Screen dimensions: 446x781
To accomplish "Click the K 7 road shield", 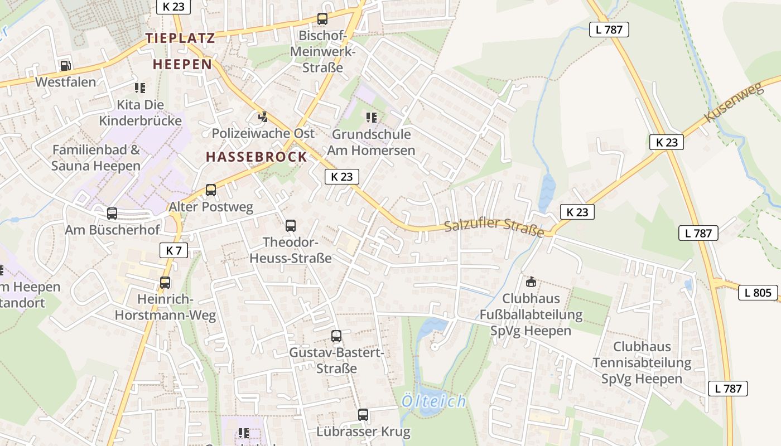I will pyautogui.click(x=173, y=250).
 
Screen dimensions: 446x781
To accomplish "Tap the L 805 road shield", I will pyautogui.click(x=758, y=293).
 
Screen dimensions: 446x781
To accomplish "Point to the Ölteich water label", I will pyautogui.click(x=433, y=401).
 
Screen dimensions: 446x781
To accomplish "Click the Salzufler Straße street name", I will pyautogui.click(x=494, y=227).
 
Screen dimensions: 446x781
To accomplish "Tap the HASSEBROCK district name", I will pyautogui.click(x=257, y=157).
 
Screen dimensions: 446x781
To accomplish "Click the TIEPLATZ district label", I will pyautogui.click(x=180, y=38).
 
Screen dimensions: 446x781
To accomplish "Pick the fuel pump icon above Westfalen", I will pyautogui.click(x=65, y=66).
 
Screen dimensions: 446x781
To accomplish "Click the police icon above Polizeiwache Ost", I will pyautogui.click(x=263, y=117).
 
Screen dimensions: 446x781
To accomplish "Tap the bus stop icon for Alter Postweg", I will pyautogui.click(x=211, y=190).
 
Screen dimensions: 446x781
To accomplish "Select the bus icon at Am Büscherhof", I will pyautogui.click(x=112, y=213).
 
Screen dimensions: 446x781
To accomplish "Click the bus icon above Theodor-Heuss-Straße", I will pyautogui.click(x=291, y=226).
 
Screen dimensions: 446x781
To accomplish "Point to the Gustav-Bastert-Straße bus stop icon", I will pyautogui.click(x=336, y=336).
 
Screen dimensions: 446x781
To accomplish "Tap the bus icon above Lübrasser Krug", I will pyautogui.click(x=363, y=415).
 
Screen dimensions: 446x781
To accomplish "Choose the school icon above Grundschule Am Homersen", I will pyautogui.click(x=371, y=118).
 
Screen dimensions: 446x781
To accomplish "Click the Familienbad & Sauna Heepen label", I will pyautogui.click(x=96, y=158).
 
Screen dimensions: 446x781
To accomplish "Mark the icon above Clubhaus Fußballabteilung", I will pyautogui.click(x=531, y=282).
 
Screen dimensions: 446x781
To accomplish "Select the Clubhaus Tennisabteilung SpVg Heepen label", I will pyautogui.click(x=642, y=362).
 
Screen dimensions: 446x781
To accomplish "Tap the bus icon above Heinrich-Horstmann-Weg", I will pyautogui.click(x=165, y=283).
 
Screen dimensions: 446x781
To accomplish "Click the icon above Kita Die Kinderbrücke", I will pyautogui.click(x=140, y=88).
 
